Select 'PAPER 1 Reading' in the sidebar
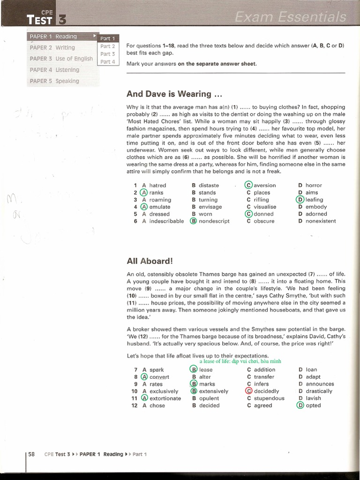(x=53, y=37)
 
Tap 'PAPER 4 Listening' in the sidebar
(x=54, y=70)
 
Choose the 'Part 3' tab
(x=107, y=54)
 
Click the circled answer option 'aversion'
(x=264, y=185)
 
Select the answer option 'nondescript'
(x=214, y=221)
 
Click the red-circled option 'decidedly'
(x=266, y=391)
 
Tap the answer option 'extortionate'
(x=165, y=398)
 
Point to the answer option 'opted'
(x=313, y=405)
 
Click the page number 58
(x=32, y=454)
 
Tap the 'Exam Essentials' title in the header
(x=290, y=18)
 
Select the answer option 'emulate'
(x=159, y=207)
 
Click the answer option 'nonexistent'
(x=320, y=221)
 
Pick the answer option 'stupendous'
(x=269, y=398)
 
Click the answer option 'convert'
(x=159, y=377)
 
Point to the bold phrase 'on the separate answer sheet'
(x=217, y=64)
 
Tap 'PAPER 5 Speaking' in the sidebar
(x=54, y=81)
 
